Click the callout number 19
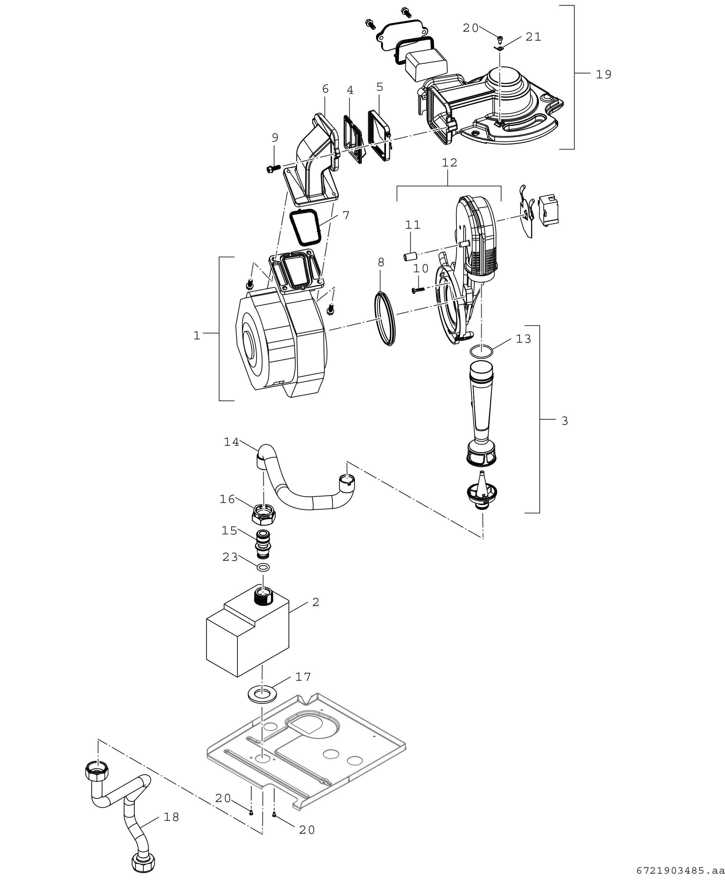(x=604, y=74)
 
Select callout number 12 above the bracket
(x=449, y=162)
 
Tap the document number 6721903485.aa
(x=680, y=870)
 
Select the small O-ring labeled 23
(x=263, y=567)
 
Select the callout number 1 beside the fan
(x=197, y=335)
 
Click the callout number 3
(x=565, y=421)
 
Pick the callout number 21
(x=533, y=37)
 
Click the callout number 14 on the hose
(x=232, y=442)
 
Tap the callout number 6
(x=325, y=89)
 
